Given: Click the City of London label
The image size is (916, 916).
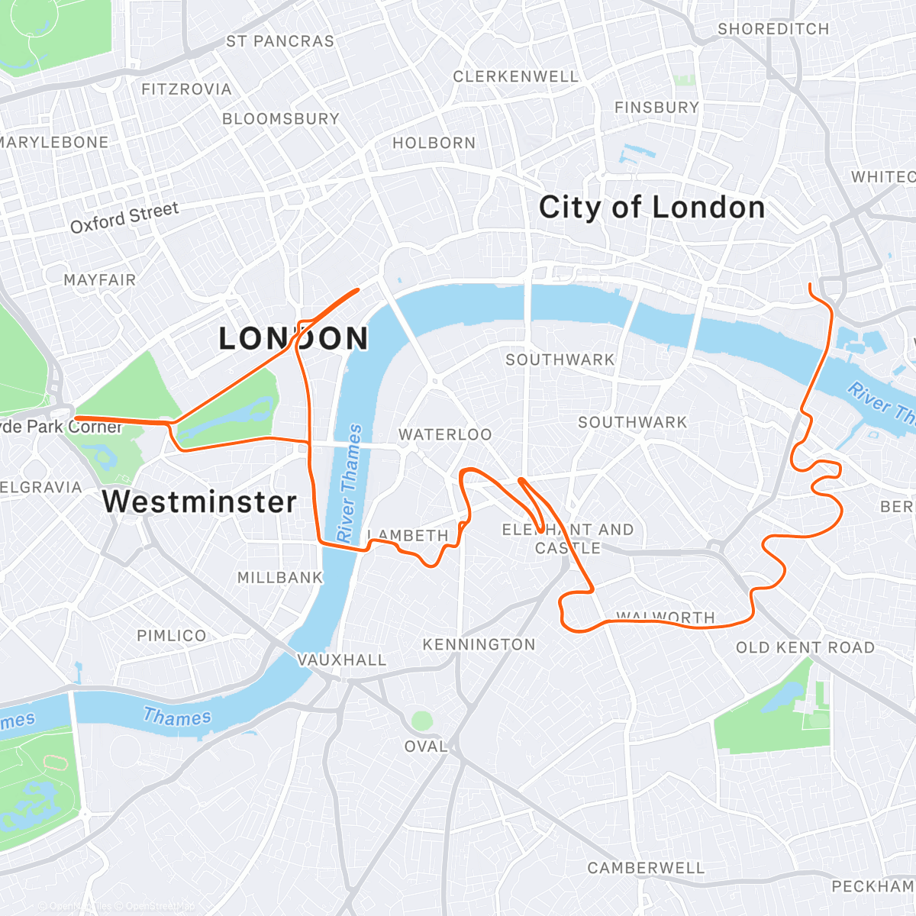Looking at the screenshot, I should [x=651, y=208].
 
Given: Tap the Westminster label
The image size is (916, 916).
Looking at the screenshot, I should [x=199, y=502].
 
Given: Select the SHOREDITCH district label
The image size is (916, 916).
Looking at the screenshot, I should [x=772, y=29].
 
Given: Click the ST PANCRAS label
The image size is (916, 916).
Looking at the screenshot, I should [x=280, y=41].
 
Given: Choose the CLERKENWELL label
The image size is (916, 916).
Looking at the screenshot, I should [x=516, y=76].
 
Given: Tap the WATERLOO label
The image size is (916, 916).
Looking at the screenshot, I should [x=445, y=434].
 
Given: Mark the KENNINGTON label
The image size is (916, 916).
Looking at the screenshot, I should [x=479, y=645].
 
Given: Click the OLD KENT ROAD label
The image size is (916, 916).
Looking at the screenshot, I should [x=805, y=647].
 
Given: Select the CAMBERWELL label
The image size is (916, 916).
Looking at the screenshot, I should [x=646, y=868].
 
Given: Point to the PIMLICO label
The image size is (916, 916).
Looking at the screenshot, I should [x=172, y=636].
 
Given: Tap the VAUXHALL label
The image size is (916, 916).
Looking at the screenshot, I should [x=342, y=660].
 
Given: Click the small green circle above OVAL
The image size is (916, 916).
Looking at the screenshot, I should [x=421, y=720].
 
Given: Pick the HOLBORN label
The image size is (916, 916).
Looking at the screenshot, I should [x=434, y=143].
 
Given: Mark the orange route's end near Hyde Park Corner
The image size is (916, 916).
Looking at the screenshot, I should [x=76, y=418].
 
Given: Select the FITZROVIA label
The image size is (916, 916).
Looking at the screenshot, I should [x=186, y=89].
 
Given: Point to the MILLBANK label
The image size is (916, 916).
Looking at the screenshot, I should [x=280, y=578].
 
